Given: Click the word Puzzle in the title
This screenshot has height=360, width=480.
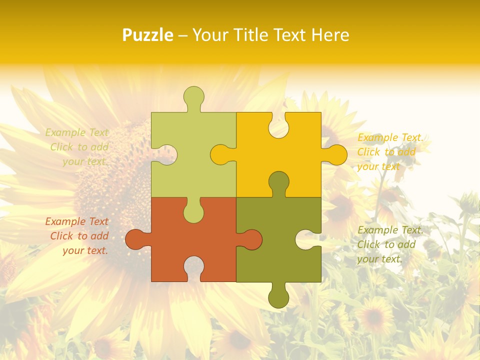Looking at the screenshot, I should (x=148, y=35).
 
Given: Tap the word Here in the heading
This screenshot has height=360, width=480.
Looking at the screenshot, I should (x=329, y=35).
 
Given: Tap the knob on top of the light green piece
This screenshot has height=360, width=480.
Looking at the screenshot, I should (x=193, y=96).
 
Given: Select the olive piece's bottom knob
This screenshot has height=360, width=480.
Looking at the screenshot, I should (x=278, y=298).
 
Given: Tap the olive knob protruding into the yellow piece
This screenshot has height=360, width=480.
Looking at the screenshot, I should (x=278, y=182).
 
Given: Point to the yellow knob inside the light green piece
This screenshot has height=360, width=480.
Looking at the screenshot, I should (x=220, y=154).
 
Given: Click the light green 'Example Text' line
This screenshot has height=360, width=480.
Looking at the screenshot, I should (x=77, y=132).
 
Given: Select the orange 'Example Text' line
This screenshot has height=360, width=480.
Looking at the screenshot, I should (x=77, y=221).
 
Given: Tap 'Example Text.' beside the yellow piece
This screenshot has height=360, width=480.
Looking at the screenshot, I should (x=390, y=137).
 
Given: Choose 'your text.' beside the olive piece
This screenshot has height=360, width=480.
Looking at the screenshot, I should (x=379, y=259).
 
